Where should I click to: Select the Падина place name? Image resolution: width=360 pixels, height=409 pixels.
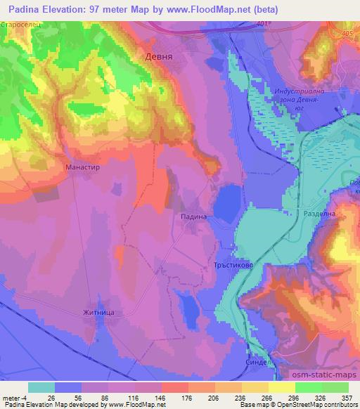(193, 218)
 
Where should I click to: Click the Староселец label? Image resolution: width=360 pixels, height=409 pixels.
(22, 25)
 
